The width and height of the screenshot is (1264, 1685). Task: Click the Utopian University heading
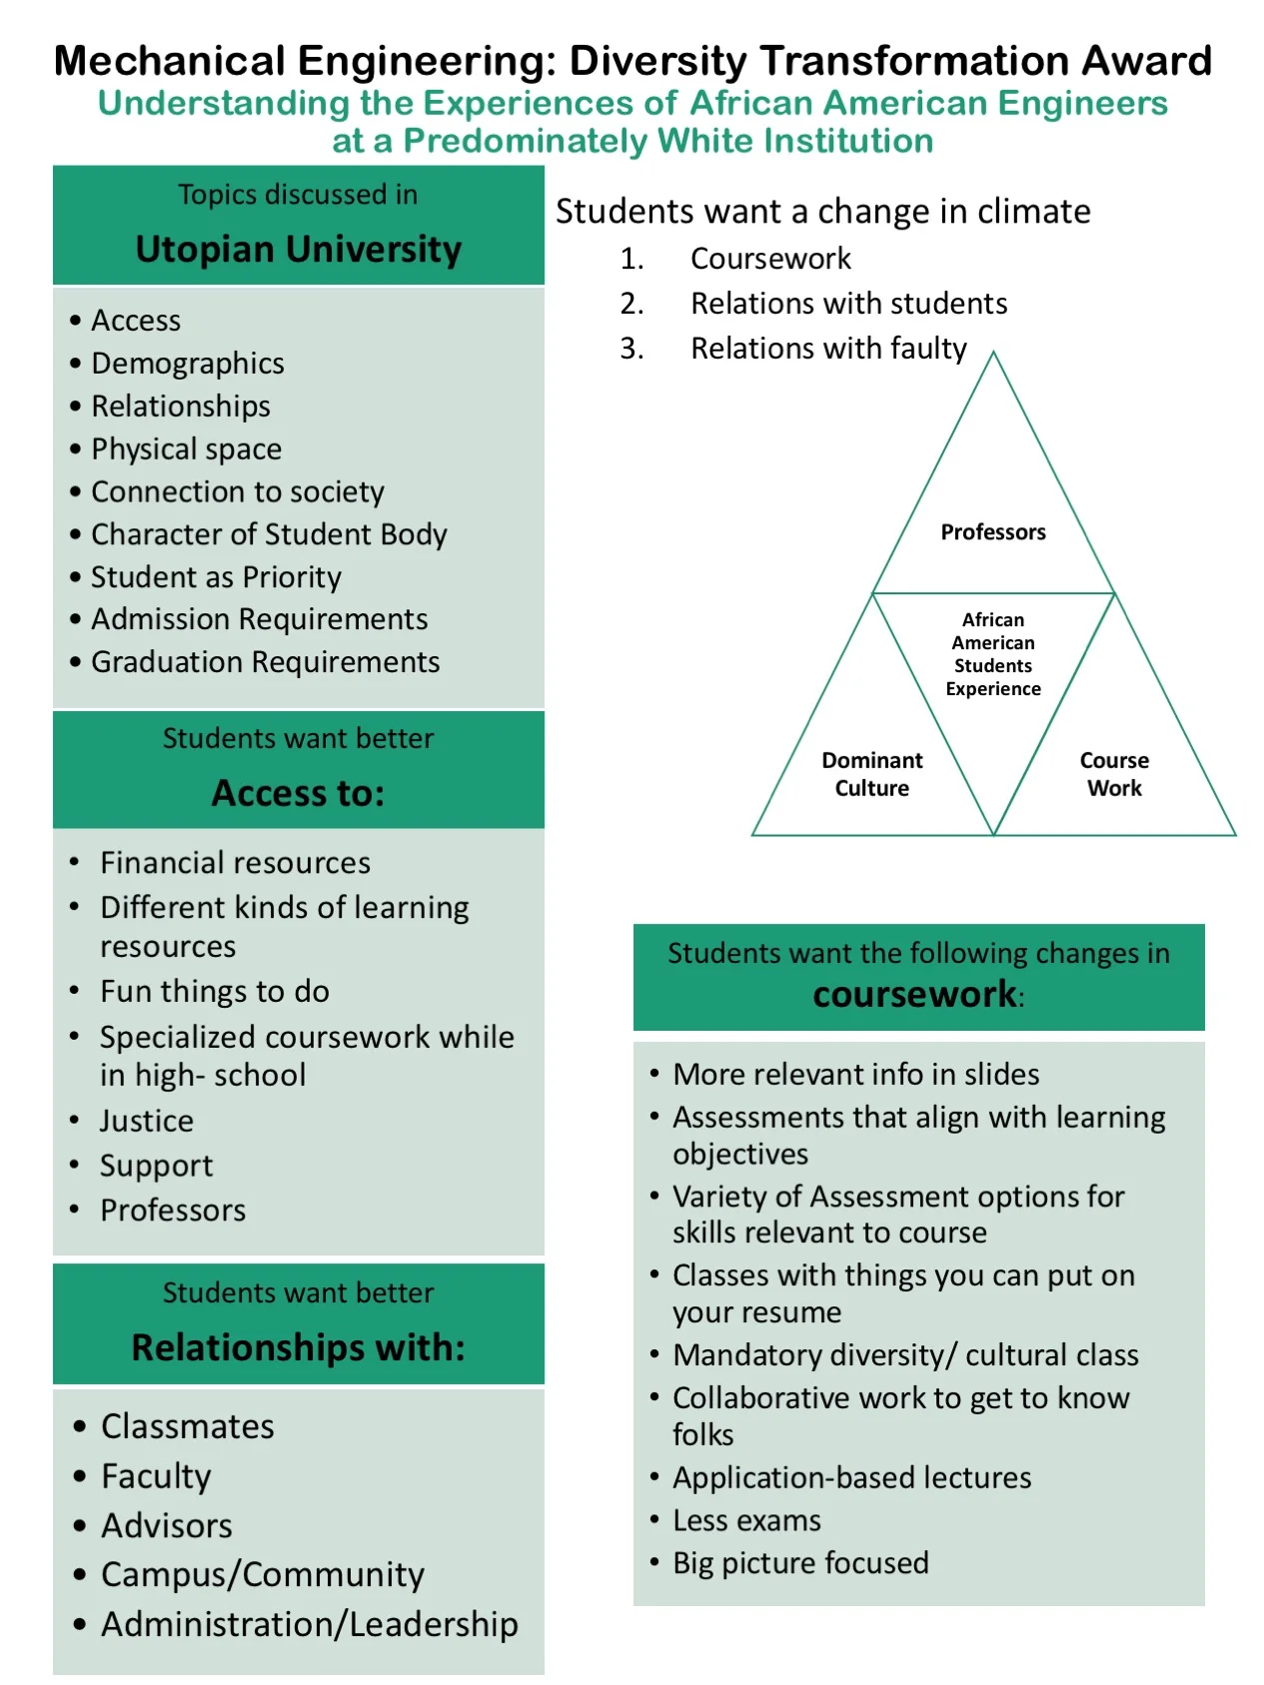[x=298, y=249]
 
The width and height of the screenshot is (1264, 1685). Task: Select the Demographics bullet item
[x=187, y=364]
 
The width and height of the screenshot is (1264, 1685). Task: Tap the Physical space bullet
[x=186, y=449]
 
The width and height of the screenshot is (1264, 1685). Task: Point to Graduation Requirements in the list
[x=265, y=662]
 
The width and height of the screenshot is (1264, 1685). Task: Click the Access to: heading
[x=298, y=793]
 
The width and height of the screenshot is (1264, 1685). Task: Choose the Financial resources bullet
[x=235, y=863]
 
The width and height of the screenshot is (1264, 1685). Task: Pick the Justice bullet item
[x=147, y=1121]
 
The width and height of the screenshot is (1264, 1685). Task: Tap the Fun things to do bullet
[x=214, y=992]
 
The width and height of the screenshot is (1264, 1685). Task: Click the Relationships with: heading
[x=298, y=1347]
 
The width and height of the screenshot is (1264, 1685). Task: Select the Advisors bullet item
[x=166, y=1526]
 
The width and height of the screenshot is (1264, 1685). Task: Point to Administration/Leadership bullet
[x=309, y=1625]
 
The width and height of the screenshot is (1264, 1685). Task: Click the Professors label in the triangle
[x=993, y=532]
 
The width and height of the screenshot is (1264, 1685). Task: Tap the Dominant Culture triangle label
[x=871, y=774]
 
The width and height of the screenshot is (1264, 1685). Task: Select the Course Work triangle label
[x=1114, y=774]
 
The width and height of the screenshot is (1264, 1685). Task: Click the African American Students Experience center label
[x=993, y=654]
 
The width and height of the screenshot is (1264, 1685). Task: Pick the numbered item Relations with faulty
[x=828, y=349]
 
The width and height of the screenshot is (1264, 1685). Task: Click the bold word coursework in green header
[x=914, y=995]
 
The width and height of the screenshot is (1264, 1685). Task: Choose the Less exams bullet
[x=746, y=1521]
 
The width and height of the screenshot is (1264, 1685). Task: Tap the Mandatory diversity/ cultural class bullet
[x=905, y=1355]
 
